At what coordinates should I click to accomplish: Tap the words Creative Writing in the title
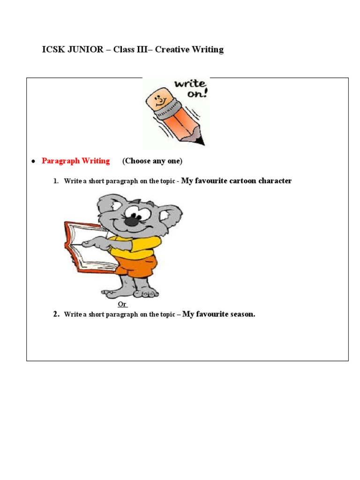(189, 50)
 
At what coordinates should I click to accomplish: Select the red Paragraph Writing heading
(75, 161)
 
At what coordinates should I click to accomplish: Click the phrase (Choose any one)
(152, 161)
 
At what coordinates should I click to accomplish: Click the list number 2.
(56, 315)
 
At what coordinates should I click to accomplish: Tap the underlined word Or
(122, 304)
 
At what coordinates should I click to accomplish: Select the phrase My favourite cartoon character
(236, 181)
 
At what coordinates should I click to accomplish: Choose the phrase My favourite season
(218, 314)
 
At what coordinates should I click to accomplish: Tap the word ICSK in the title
(52, 50)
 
